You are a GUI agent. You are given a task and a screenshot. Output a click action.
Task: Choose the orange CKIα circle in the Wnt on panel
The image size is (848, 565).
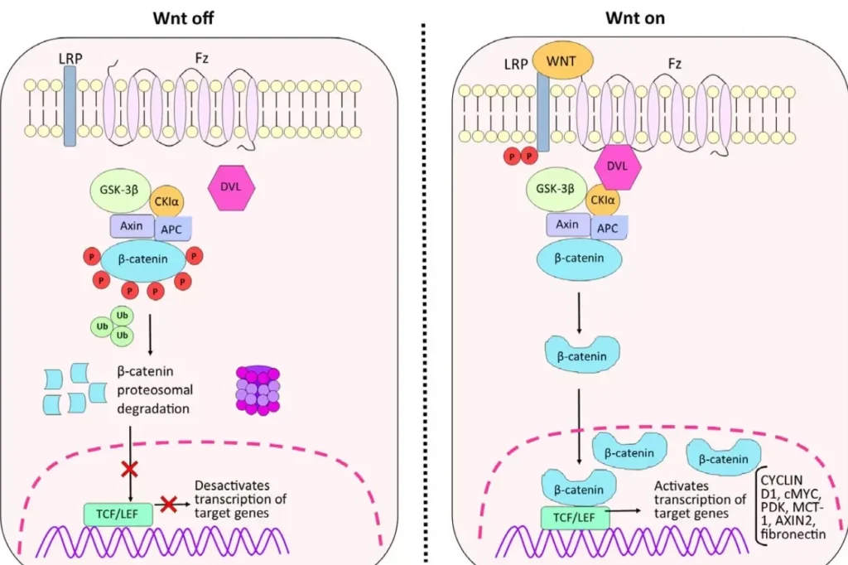602,200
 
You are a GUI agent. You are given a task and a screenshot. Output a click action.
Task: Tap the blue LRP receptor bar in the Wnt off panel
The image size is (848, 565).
70,106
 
